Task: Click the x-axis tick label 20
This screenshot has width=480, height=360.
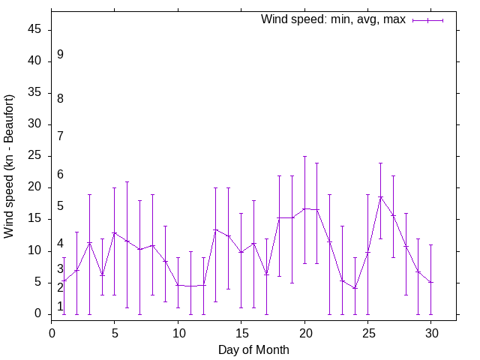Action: [304, 331]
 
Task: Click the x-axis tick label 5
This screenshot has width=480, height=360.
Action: [115, 331]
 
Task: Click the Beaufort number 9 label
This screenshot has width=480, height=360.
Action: [60, 55]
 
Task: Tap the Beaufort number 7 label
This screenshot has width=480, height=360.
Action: [60, 136]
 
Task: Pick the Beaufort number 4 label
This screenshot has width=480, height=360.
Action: [60, 244]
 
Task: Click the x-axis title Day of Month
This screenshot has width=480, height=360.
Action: [253, 349]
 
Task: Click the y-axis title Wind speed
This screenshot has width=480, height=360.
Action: [10, 166]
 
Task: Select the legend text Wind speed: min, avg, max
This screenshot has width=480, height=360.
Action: [333, 19]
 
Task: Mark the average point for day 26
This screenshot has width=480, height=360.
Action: [380, 197]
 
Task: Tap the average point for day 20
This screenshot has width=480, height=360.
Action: [304, 208]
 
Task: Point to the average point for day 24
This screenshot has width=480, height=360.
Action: [355, 288]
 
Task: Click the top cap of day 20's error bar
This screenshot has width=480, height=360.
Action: [304, 157]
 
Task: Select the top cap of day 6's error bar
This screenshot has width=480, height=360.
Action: [127, 181]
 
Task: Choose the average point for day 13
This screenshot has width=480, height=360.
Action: [216, 230]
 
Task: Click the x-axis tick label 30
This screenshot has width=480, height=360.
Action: [430, 331]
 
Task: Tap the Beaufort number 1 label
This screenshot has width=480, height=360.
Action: [60, 307]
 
